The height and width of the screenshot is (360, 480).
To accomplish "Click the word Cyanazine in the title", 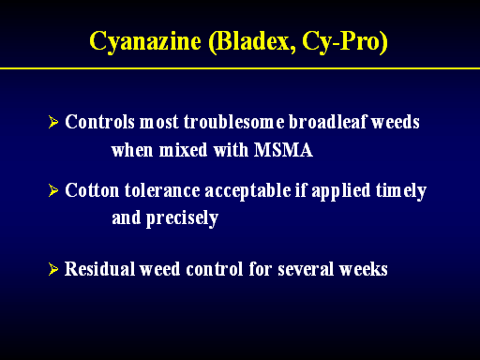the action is tap(145, 41).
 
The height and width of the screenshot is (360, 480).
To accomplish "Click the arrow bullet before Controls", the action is tap(53, 122).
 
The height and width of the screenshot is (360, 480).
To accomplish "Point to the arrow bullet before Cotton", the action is tap(53, 190).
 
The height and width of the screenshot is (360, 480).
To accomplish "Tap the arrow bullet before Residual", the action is tap(53, 269).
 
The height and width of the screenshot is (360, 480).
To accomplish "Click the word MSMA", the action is tap(283, 150).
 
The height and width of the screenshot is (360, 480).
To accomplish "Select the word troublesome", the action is tap(234, 122).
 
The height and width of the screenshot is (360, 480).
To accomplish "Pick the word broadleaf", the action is tap(327, 122).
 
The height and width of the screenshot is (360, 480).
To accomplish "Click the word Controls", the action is tap(99, 122).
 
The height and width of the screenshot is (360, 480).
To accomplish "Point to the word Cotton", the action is tap(92, 190).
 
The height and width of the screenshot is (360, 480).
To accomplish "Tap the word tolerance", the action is tap(162, 190).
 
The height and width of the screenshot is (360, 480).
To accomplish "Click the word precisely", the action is tap(182, 218).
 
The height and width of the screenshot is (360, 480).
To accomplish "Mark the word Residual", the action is tap(99, 269).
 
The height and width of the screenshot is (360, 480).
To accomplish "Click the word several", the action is tap(306, 269).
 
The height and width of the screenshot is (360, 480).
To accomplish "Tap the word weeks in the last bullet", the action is tap(364, 269).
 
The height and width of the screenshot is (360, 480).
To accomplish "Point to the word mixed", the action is tap(184, 150).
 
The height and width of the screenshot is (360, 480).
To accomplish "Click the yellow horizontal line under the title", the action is tap(240, 68).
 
